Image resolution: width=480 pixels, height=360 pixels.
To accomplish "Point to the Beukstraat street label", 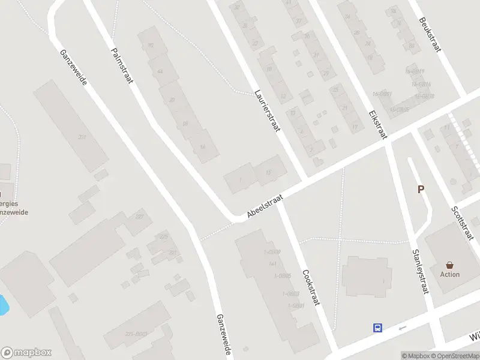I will click(430, 35).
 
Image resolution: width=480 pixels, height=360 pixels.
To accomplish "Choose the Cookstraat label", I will click(311, 287).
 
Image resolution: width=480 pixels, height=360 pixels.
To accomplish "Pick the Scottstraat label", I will click(463, 224).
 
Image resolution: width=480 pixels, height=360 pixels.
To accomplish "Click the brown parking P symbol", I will click(421, 190).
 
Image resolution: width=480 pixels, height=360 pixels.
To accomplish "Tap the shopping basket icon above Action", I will click(449, 265).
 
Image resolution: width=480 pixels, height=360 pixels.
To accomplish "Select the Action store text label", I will click(449, 275).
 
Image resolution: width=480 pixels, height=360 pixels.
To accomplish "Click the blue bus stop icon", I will click(378, 328).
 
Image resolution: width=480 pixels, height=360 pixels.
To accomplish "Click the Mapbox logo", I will click(26, 353).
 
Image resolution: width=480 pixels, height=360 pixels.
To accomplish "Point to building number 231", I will click(82, 137).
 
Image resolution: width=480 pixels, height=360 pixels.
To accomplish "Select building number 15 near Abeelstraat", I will click(268, 173).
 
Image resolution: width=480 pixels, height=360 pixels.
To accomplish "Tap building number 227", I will click(140, 217).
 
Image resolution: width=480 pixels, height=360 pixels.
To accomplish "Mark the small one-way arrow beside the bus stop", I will click(402, 328).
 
